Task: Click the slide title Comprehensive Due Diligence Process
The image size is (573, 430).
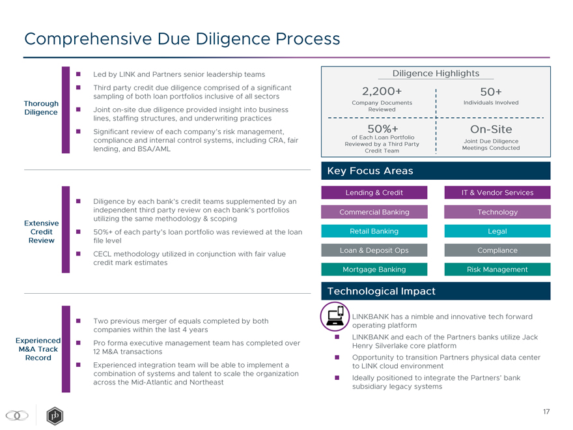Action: tap(182, 39)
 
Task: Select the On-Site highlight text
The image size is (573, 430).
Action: tap(490, 129)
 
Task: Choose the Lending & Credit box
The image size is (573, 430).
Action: tap(374, 192)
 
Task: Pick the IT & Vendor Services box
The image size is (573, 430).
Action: tap(497, 192)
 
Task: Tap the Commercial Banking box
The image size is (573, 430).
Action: tap(374, 212)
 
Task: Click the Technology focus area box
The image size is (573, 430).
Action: tap(497, 212)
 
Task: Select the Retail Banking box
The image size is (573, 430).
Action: tap(374, 231)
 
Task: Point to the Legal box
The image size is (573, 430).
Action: tap(497, 231)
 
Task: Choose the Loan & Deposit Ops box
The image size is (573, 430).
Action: tap(374, 250)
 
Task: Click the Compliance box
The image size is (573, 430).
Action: tap(497, 250)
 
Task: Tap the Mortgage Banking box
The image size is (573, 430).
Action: tap(374, 269)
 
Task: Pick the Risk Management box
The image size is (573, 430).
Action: tap(497, 269)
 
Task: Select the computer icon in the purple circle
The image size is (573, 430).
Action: tap(335, 317)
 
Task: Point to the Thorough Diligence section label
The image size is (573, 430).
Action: tap(41, 108)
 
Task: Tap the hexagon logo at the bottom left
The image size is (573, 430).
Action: tap(55, 416)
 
